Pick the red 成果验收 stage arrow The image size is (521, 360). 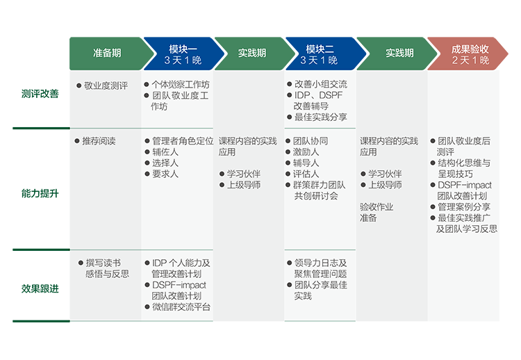468,54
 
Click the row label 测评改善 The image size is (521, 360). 40,94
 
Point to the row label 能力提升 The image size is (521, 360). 40,193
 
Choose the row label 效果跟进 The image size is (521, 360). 40,288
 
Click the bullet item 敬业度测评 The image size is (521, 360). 106,85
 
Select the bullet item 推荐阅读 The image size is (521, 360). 99,141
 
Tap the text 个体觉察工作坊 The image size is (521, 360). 181,84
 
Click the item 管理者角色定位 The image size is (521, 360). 183,141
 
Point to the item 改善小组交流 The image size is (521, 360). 321,84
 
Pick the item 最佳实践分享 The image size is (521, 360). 321,117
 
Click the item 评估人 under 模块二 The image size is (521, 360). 306,174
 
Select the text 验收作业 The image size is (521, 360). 377,207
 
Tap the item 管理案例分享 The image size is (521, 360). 464,207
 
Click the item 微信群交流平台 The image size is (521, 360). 181,306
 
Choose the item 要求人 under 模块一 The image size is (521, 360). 165,174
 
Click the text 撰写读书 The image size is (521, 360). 103,263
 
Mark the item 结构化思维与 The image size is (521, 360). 464,163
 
